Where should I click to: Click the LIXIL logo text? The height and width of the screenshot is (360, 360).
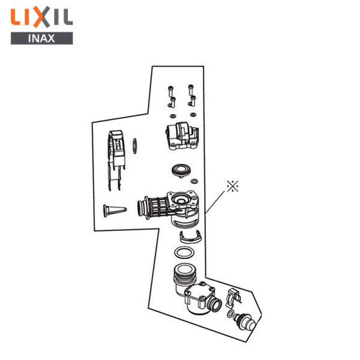tap(42, 17)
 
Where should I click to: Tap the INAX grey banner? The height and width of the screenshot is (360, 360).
tap(42, 38)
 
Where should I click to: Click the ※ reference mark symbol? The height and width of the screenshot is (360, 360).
tap(233, 186)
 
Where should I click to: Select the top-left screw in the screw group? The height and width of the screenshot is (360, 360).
tap(170, 91)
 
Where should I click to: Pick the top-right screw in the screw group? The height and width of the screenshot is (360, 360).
tap(191, 90)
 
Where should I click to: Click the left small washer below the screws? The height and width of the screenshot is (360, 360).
tap(173, 116)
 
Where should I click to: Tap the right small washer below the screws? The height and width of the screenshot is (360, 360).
tap(193, 115)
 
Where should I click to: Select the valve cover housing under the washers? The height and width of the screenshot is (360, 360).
tap(182, 136)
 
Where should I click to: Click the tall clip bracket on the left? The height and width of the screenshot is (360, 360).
tap(116, 160)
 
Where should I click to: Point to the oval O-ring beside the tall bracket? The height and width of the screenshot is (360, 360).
tap(135, 146)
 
